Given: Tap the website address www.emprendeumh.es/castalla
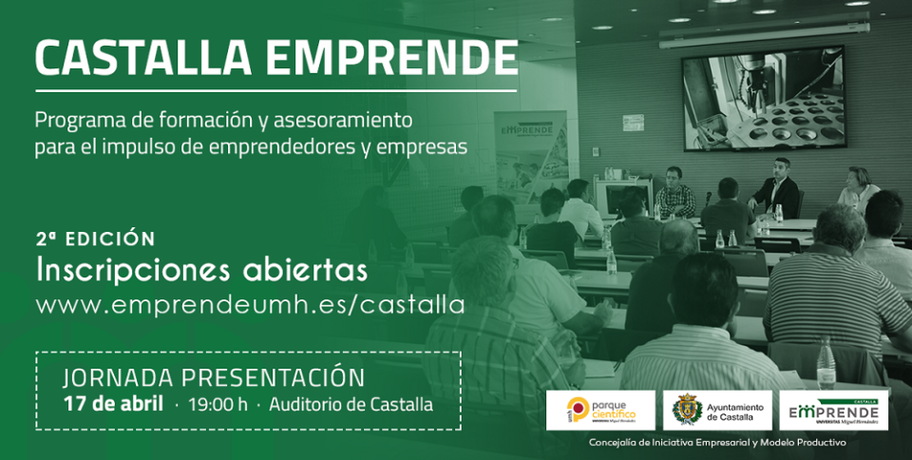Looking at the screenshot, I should pyautogui.click(x=250, y=305).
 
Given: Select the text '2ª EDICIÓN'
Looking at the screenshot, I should pyautogui.click(x=95, y=238).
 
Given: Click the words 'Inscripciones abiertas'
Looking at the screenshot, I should pyautogui.click(x=201, y=270).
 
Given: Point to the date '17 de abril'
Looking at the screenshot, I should pyautogui.click(x=113, y=404).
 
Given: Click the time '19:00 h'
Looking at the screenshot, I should pyautogui.click(x=218, y=404).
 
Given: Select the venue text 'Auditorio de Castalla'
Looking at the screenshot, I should pyautogui.click(x=351, y=404).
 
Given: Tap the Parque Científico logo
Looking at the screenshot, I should pyautogui.click(x=599, y=411).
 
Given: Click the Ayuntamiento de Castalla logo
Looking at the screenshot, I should pyautogui.click(x=716, y=411).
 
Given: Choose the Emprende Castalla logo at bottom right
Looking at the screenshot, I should pyautogui.click(x=834, y=411).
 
